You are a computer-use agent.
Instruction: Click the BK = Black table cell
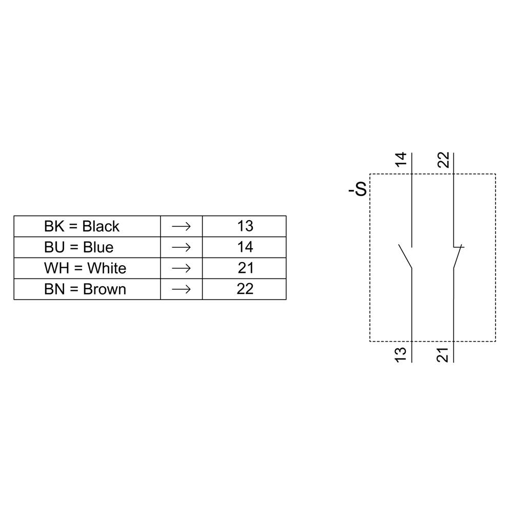pyautogui.click(x=82, y=226)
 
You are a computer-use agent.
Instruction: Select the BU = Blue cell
pyautogui.click(x=78, y=247)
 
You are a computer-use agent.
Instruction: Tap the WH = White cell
pyautogui.click(x=85, y=268)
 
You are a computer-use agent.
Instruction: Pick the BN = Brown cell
pyautogui.click(x=85, y=289)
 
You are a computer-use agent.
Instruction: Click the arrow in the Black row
pyautogui.click(x=181, y=226)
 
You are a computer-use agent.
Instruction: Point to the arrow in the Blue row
pyautogui.click(x=181, y=247)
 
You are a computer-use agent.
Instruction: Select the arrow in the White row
pyautogui.click(x=181, y=268)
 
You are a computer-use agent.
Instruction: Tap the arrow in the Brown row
pyautogui.click(x=181, y=289)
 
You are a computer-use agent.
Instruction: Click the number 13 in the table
pyautogui.click(x=245, y=226)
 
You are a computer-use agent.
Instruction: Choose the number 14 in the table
pyautogui.click(x=245, y=247)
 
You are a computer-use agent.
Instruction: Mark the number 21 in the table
pyautogui.click(x=245, y=268)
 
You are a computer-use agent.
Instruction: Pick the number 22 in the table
pyautogui.click(x=245, y=289)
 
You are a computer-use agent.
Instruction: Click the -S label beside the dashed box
pyautogui.click(x=358, y=190)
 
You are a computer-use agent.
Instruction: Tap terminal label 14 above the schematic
pyautogui.click(x=402, y=159)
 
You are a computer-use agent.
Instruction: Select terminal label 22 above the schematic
pyautogui.click(x=444, y=159)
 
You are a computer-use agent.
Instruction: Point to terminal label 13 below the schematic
pyautogui.click(x=402, y=354)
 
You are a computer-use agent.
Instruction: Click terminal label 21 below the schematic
pyautogui.click(x=444, y=354)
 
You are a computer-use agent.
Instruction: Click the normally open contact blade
pyautogui.click(x=405, y=256)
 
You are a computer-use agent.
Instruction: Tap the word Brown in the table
pyautogui.click(x=105, y=289)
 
